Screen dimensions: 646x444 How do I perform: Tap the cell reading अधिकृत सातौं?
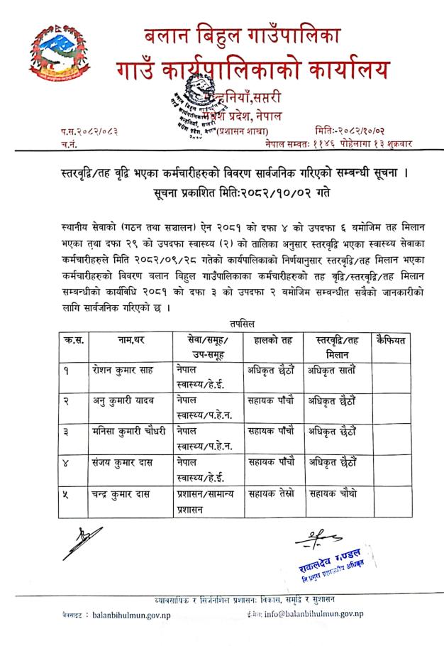pos(332,369)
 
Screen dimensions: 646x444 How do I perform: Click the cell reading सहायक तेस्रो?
pos(270,494)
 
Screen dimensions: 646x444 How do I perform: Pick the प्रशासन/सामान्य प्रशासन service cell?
pos(205,501)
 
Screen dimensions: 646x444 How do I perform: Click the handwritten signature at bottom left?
pos(81,542)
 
